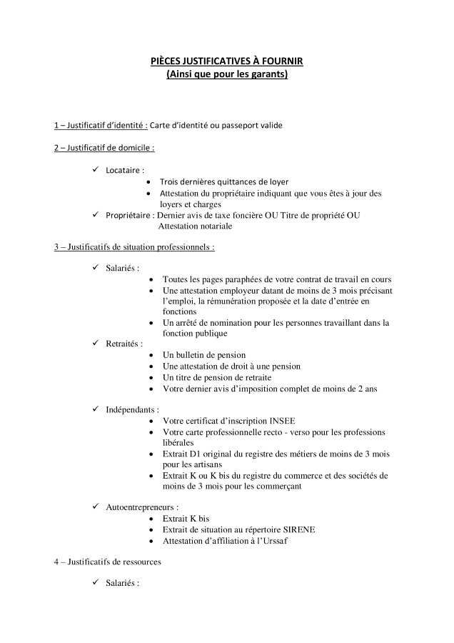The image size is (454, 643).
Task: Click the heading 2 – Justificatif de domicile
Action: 104,148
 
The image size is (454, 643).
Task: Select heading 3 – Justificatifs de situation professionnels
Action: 134,247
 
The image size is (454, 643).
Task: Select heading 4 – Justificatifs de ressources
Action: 108,562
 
